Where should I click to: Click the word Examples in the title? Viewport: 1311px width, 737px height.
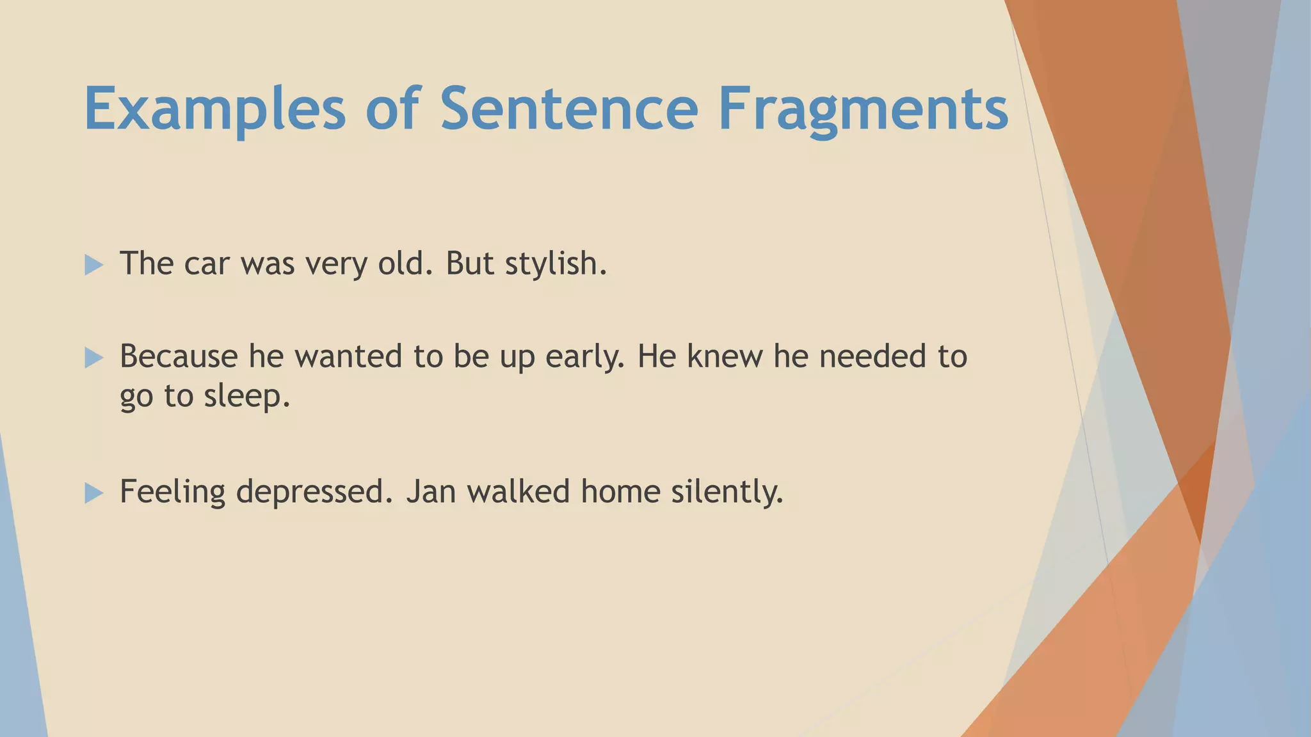[215, 110]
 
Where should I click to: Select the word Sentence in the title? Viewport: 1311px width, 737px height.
[568, 110]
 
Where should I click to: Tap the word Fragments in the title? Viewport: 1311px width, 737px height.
[863, 110]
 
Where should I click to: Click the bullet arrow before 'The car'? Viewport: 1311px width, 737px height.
[93, 265]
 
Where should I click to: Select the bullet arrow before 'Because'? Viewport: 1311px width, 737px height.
[93, 358]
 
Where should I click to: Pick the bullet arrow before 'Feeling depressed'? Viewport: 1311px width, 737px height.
[93, 493]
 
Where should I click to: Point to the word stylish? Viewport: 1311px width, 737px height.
[554, 264]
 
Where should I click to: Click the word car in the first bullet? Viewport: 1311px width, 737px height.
[207, 264]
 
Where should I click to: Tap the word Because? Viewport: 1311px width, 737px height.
[179, 356]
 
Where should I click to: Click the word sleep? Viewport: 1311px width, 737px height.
[246, 397]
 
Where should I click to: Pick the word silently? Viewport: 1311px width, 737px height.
[727, 492]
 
